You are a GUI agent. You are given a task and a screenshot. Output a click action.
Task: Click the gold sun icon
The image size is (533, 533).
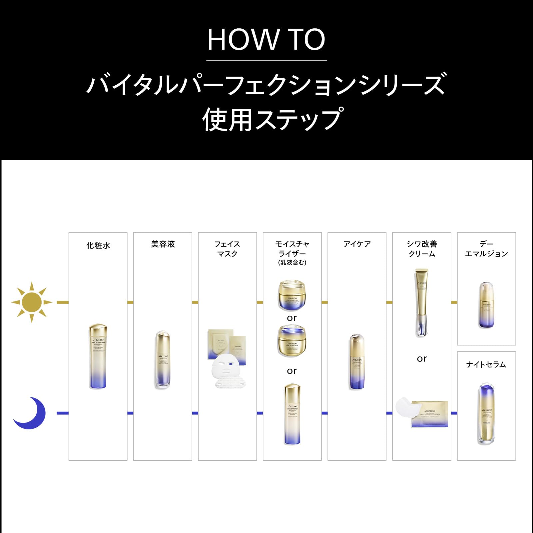point(32,302)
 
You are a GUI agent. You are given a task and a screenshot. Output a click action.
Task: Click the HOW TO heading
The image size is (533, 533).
point(266,40)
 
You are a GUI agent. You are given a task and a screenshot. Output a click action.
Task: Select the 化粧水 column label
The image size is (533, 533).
point(98,246)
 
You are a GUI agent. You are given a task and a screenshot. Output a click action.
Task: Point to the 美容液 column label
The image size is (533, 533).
point(163,244)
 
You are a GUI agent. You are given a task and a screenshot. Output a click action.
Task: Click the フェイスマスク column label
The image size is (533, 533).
point(227,249)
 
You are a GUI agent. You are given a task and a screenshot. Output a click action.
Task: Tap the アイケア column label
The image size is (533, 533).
point(357,244)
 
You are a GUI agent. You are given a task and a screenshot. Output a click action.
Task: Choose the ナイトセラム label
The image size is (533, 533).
point(486,364)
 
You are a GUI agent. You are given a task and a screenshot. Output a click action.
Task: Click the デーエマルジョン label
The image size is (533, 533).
point(486,249)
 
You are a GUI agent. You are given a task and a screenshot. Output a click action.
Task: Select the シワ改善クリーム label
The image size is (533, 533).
point(422,249)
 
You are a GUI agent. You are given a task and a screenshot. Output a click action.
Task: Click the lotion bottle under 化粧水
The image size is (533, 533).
point(98,356)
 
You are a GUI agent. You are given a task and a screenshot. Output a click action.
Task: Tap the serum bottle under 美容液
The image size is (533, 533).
point(163,360)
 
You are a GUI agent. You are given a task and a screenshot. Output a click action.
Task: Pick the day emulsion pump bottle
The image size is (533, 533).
point(486,305)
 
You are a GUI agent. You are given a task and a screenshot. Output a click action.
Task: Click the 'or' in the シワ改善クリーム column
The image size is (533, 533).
point(422,359)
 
